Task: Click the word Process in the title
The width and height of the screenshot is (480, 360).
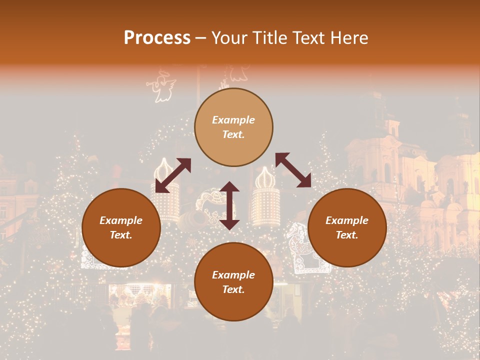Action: [157, 38]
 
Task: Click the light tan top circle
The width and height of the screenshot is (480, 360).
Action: [233, 127]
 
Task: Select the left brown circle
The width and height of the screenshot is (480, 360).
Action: [121, 227]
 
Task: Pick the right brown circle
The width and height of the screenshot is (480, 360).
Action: [347, 227]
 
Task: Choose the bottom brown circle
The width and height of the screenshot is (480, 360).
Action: [233, 282]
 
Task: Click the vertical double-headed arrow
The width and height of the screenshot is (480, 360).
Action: [229, 205]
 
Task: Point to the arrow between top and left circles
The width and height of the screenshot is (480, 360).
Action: [173, 175]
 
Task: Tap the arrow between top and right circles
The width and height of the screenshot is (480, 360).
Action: [293, 170]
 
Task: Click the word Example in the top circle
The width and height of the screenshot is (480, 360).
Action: [233, 120]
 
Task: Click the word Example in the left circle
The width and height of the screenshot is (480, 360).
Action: [121, 220]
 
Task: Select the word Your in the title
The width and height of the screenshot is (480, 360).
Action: [227, 38]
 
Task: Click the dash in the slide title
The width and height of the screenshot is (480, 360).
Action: [201, 38]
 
